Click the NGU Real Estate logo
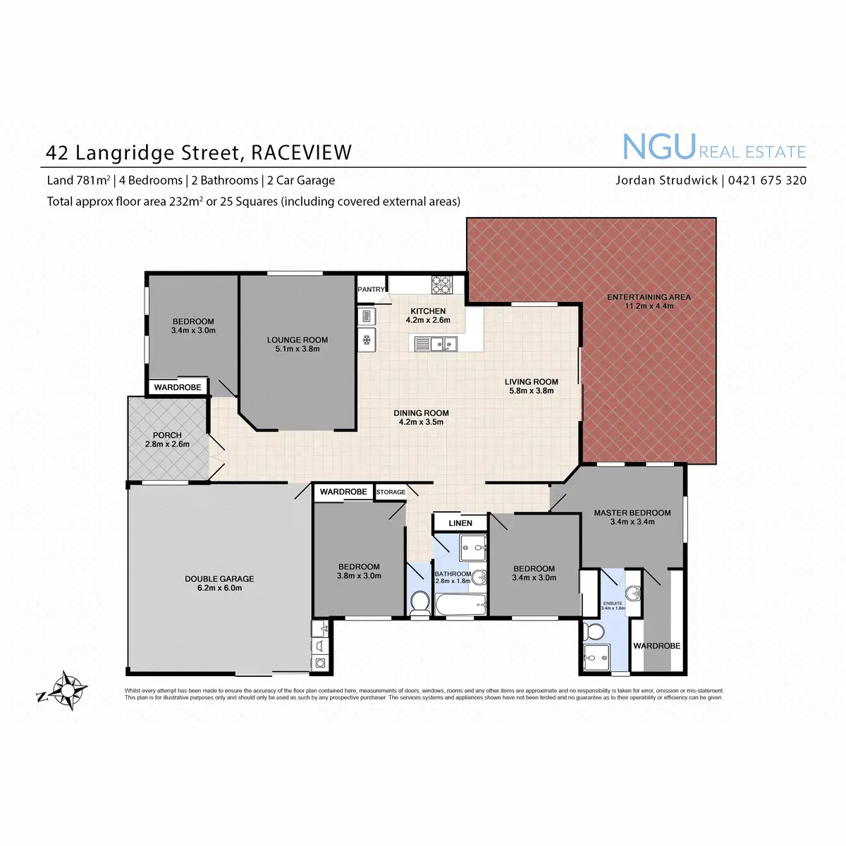tap(713, 148)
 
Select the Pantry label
tap(372, 289)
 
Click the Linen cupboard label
tap(460, 523)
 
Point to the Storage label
tap(391, 492)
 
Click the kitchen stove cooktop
tap(442, 283)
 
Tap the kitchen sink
tap(434, 343)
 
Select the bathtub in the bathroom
tap(460, 604)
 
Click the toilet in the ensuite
tap(591, 632)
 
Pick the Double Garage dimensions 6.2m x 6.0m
tap(219, 588)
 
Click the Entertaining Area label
tap(649, 297)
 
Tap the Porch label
tap(167, 435)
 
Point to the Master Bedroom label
tap(632, 513)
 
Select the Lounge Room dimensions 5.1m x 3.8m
tap(297, 349)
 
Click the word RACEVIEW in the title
tap(301, 152)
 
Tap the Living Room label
tap(531, 381)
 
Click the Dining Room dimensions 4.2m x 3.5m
tap(421, 422)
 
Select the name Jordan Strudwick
tap(667, 180)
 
